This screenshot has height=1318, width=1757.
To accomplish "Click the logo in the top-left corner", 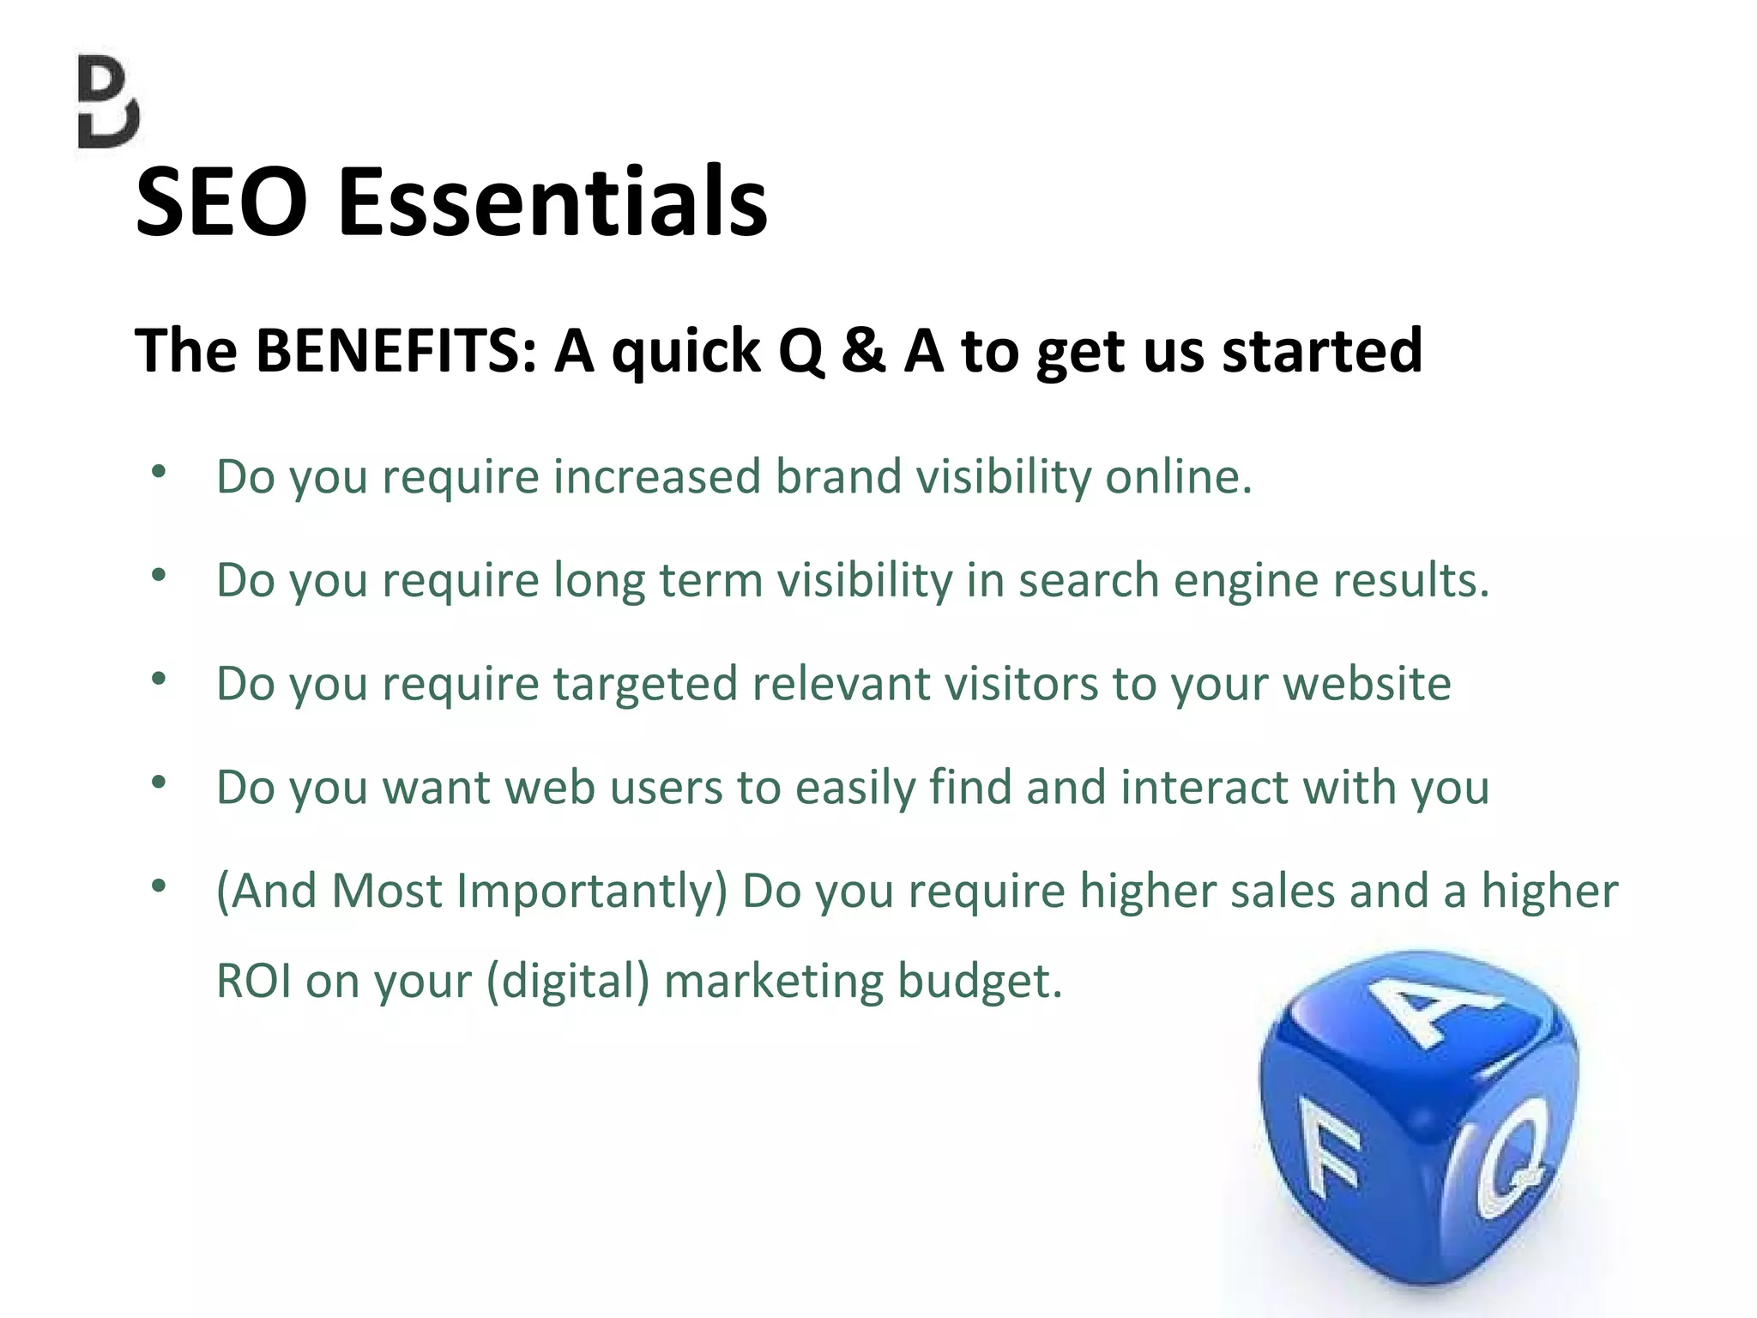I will (107, 102).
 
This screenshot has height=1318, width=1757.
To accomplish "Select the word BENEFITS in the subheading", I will (396, 351).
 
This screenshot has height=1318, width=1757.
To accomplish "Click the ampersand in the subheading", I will (862, 351).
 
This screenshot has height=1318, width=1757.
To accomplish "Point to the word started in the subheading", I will (1322, 351).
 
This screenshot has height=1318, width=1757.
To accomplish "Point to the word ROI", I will (253, 981).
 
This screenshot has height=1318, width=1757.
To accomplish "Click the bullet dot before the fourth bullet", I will (159, 783).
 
